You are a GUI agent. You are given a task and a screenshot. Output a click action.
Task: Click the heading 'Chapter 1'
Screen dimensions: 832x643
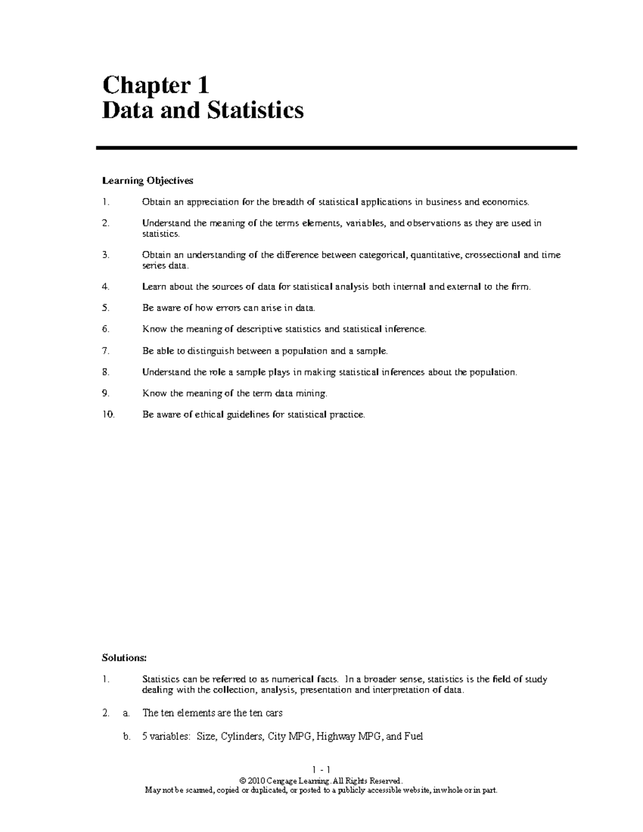(155, 85)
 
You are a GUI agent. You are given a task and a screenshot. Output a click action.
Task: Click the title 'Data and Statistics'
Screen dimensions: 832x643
(203, 110)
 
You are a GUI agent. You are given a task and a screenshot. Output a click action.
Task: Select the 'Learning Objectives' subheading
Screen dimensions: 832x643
(147, 181)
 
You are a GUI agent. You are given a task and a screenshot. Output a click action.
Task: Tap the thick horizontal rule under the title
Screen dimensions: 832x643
(336, 148)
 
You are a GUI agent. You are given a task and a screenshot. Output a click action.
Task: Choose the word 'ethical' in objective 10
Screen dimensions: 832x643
(206, 414)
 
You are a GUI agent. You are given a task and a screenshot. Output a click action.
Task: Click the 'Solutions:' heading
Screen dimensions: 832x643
(124, 657)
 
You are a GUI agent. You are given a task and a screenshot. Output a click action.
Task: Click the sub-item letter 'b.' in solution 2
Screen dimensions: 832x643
(126, 737)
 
